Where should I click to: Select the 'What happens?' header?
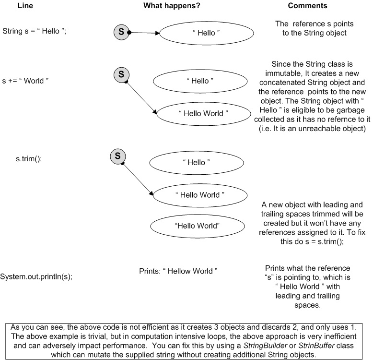tap(172, 6)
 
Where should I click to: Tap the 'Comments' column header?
tap(307, 6)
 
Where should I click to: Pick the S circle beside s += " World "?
tap(121, 74)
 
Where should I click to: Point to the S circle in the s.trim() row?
tap(117, 156)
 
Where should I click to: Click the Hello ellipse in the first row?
tap(199, 34)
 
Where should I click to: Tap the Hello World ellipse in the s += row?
tap(200, 113)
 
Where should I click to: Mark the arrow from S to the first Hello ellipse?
tap(144, 33)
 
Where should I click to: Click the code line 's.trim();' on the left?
tap(29, 159)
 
